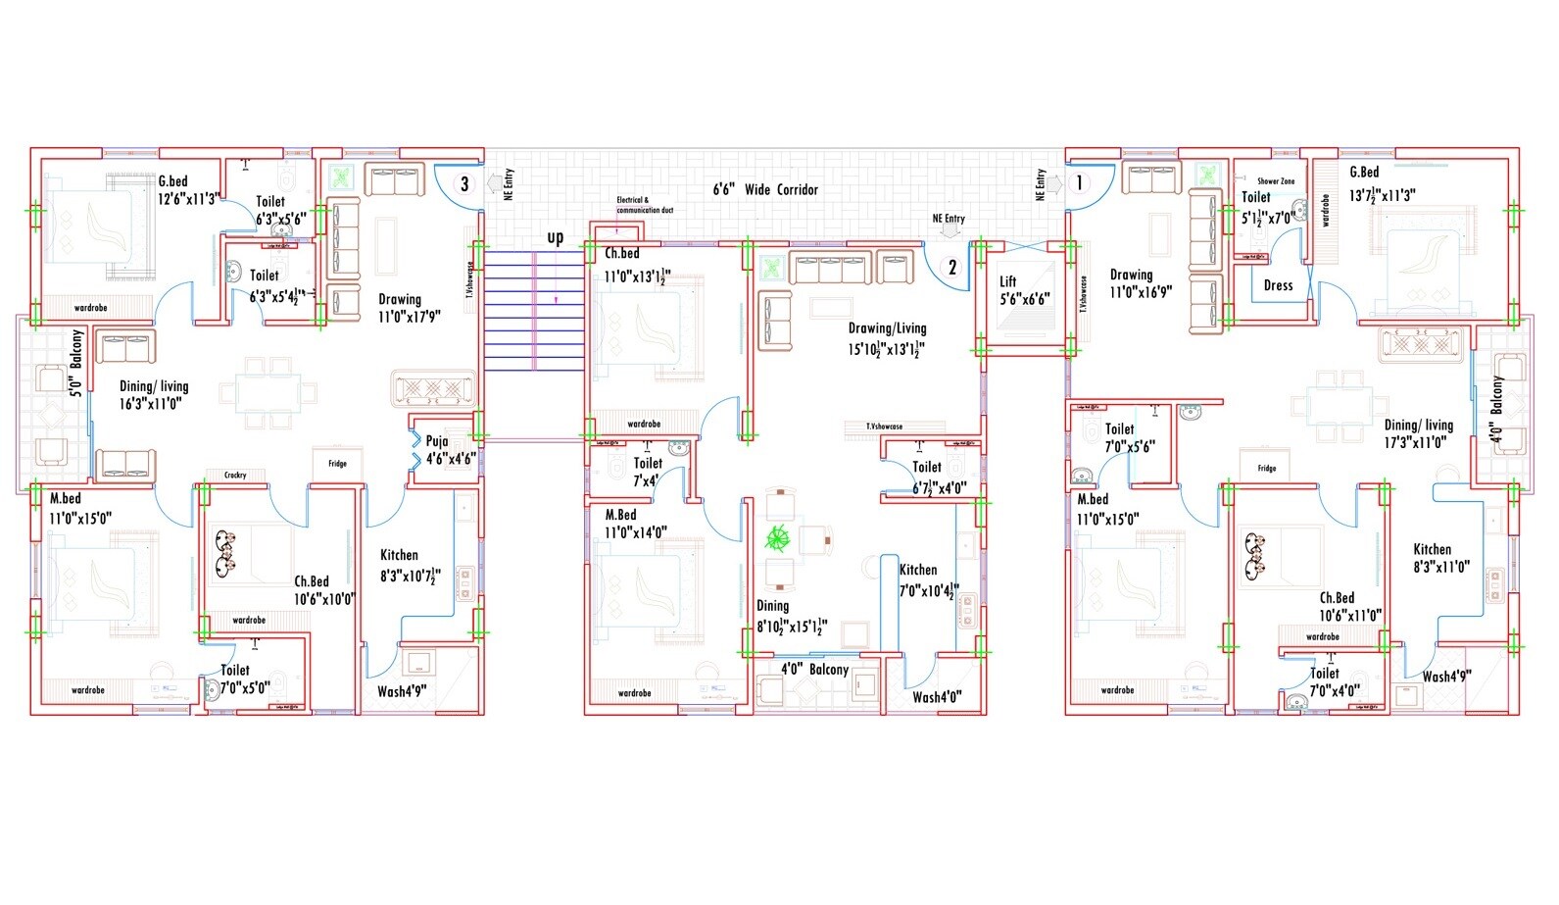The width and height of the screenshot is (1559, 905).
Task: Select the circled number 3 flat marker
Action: [x=464, y=183]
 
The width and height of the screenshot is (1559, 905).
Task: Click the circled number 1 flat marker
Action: [x=1079, y=183]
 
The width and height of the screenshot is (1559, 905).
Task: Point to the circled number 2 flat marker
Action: [x=951, y=267]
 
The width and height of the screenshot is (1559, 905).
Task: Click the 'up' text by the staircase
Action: [x=556, y=237]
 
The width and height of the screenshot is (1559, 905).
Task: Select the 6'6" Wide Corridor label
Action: [x=765, y=189]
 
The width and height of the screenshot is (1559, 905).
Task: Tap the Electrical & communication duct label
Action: [x=644, y=205]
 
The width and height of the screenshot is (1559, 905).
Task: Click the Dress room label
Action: [x=1278, y=285]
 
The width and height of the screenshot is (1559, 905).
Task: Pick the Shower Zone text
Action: [x=1276, y=181]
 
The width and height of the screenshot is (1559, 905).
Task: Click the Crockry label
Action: [x=235, y=476]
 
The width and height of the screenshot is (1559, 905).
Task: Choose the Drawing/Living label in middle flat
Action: [x=887, y=338]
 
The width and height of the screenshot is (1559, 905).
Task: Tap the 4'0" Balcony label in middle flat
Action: [x=814, y=670]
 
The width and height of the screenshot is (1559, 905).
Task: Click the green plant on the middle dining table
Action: [x=778, y=537]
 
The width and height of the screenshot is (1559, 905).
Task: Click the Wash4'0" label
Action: [x=937, y=697]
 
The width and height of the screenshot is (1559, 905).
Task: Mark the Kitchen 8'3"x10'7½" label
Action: [x=411, y=567]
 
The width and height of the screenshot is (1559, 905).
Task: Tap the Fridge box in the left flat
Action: [x=337, y=464]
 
